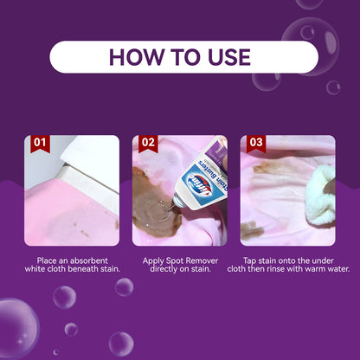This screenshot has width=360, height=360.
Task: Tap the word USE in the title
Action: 229,57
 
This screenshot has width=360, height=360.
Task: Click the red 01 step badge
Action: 40,144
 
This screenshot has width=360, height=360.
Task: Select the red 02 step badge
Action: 148,144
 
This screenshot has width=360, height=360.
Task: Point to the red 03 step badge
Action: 256,144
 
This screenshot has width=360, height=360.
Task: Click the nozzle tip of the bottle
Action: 175,204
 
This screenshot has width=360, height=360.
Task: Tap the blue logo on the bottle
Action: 199,184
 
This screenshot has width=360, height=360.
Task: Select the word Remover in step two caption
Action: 202,260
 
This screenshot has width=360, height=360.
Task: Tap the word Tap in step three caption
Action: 249,261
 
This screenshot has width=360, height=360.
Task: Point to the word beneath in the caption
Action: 85,269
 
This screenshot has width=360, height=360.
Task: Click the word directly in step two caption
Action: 164,269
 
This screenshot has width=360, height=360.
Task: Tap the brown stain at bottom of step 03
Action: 252,230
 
